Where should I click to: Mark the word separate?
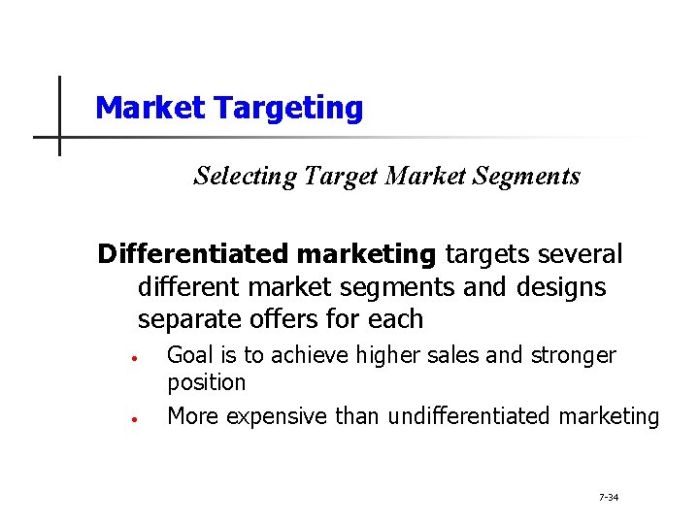pyautogui.click(x=186, y=319)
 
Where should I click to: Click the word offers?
pyautogui.click(x=278, y=319)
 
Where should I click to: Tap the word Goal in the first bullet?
pyautogui.click(x=190, y=356)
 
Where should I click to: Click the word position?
pyautogui.click(x=206, y=382)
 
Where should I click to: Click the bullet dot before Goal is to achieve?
pyautogui.click(x=136, y=357)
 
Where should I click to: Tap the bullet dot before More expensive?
pyautogui.click(x=136, y=419)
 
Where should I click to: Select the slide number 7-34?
pyautogui.click(x=609, y=498)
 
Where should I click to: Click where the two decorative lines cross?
pyautogui.click(x=59, y=137)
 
